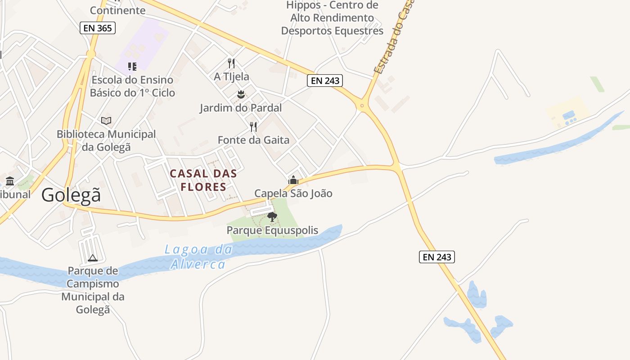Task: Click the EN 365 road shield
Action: pos(98,28)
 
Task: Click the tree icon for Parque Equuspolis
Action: pos(272,217)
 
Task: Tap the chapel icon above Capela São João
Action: pos(293,180)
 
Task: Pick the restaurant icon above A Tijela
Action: pos(231,63)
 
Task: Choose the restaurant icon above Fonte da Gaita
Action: pos(253,126)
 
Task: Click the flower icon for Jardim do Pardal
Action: pos(241,94)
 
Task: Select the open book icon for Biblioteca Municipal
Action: pos(106,121)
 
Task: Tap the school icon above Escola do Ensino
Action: pos(132,67)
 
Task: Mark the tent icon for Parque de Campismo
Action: pos(93,258)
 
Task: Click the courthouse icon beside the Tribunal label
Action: pos(10,181)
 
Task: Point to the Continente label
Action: pos(117,10)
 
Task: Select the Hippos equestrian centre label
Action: pos(332,18)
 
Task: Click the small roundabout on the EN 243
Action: pos(362,107)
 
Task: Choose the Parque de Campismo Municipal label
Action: pos(93,290)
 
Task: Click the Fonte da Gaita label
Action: pos(253,140)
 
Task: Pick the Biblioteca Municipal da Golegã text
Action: pos(106,140)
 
